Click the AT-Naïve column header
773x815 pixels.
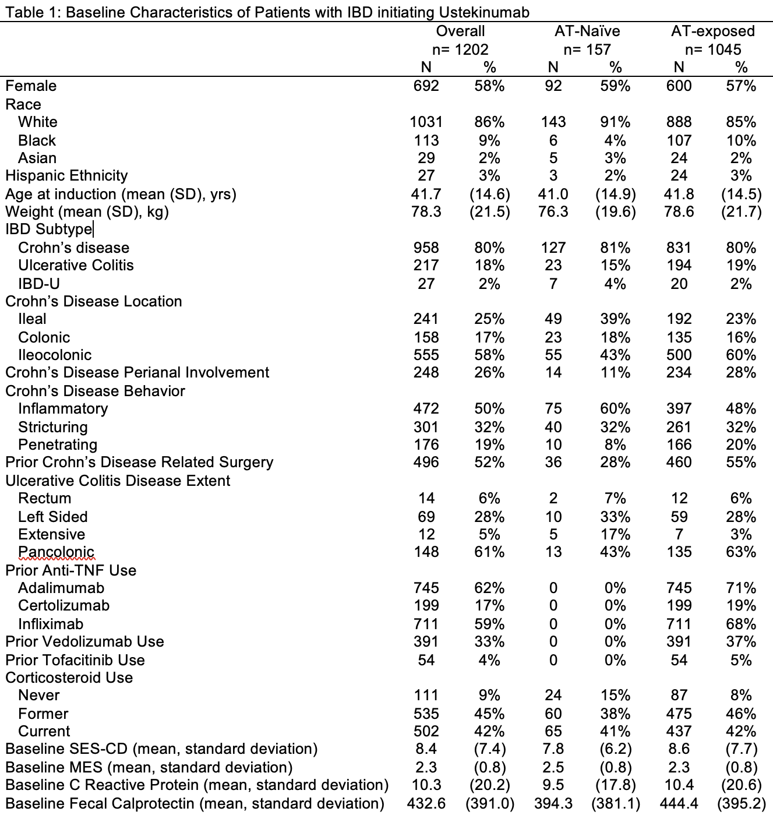pyautogui.click(x=587, y=31)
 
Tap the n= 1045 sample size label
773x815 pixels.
pyautogui.click(x=713, y=50)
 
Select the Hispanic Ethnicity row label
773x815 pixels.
pyautogui.click(x=66, y=176)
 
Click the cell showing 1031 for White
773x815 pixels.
pyautogui.click(x=426, y=122)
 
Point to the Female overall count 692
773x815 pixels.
pyautogui.click(x=426, y=86)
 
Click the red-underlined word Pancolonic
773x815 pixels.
pyautogui.click(x=57, y=552)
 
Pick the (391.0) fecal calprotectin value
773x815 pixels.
pyautogui.click(x=490, y=803)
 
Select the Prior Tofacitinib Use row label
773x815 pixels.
pyautogui.click(x=75, y=660)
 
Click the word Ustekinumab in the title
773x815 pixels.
pyautogui.click(x=484, y=12)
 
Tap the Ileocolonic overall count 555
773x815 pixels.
pyautogui.click(x=426, y=355)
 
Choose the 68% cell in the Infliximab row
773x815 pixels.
pyautogui.click(x=740, y=624)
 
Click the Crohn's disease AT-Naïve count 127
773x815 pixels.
pyautogui.click(x=553, y=248)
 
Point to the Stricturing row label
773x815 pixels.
pyautogui.click(x=53, y=427)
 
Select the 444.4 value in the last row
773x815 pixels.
pyautogui.click(x=679, y=803)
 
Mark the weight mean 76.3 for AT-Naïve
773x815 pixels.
pyautogui.click(x=553, y=211)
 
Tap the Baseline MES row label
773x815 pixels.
pyautogui.click(x=149, y=767)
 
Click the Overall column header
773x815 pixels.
pyautogui.click(x=460, y=31)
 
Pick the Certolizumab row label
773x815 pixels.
pyautogui.click(x=64, y=605)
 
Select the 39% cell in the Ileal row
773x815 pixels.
pyautogui.click(x=615, y=319)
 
